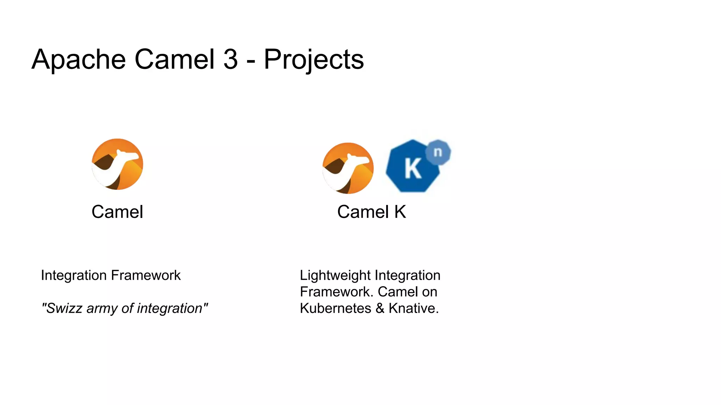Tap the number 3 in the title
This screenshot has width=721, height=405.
coord(231,59)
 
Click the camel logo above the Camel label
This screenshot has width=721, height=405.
coord(118,164)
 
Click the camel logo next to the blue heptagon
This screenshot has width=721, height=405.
coord(348,168)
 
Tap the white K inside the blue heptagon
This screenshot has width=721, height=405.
coord(413,169)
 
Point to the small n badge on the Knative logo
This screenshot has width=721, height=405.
coord(438,152)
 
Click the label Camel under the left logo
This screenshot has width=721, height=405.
coord(117,212)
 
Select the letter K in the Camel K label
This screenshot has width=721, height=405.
coord(400,212)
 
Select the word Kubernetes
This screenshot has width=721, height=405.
coord(335,308)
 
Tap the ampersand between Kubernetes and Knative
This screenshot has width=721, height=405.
coord(380,308)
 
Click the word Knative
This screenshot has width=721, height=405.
coord(413,308)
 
